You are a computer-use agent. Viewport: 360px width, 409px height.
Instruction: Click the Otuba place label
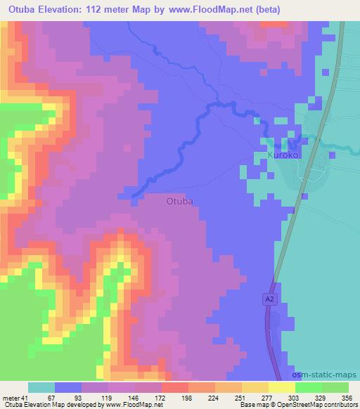[179, 201]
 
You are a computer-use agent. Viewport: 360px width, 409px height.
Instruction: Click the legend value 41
[26, 398]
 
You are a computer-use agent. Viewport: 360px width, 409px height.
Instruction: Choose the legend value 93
[67, 398]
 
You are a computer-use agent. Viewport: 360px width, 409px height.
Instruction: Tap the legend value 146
[122, 398]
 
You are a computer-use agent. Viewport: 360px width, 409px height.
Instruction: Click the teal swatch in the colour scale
[41, 387]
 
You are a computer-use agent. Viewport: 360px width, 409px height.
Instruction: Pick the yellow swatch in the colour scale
[282, 387]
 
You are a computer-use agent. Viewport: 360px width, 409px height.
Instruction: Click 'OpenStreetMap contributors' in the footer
[323, 405]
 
